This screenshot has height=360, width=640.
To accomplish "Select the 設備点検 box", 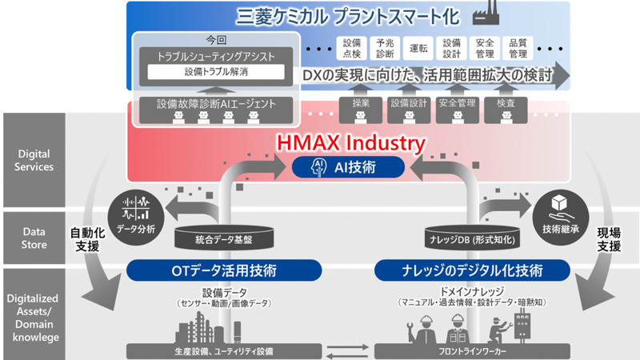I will (x=350, y=50).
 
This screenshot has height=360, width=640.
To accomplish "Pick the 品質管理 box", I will (x=518, y=50).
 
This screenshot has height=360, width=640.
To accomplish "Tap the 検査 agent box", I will (x=505, y=103).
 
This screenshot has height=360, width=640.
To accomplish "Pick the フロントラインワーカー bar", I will (x=464, y=350).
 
